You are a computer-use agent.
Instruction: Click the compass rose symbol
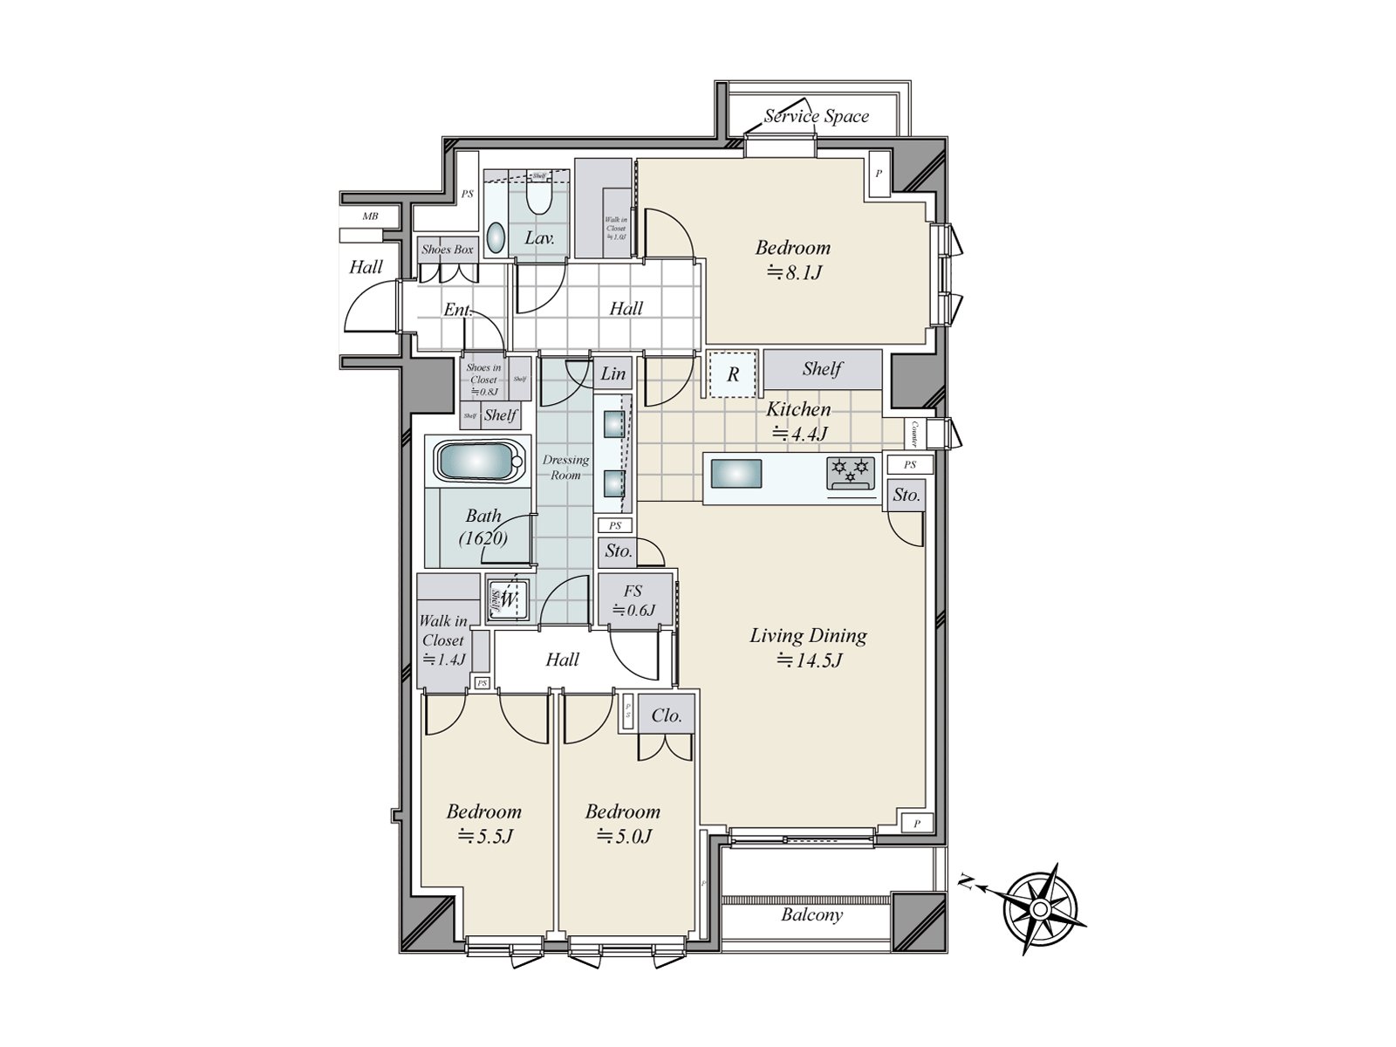1039,909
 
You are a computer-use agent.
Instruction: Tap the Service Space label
817,116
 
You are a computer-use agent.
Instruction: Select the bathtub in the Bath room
479,460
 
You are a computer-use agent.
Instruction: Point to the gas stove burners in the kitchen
851,472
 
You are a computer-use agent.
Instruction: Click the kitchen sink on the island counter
736,475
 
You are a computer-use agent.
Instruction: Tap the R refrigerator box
733,374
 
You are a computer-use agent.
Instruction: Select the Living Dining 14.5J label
808,647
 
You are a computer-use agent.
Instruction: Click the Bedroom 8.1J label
792,259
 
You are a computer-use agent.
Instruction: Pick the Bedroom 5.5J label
483,824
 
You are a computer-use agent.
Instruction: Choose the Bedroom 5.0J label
622,824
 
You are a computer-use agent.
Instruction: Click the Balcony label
811,914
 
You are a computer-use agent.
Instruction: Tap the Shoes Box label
447,250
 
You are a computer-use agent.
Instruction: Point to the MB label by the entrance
370,215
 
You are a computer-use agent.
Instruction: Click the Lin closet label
613,373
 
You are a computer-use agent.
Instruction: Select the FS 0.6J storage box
634,599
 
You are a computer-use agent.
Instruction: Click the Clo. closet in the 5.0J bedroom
667,715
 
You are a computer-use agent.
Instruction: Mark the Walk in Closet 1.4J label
443,640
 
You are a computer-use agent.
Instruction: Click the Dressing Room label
565,467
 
